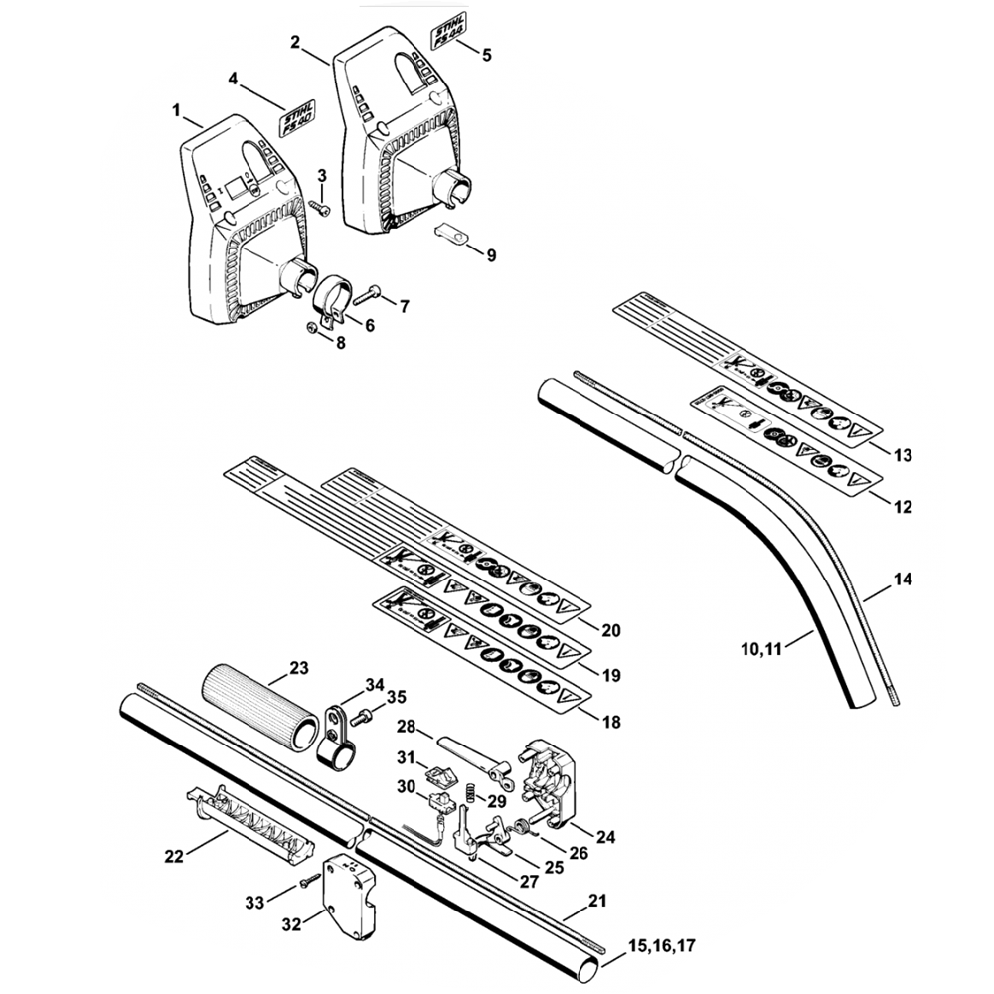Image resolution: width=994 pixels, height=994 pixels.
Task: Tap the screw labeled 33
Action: pos(310,881)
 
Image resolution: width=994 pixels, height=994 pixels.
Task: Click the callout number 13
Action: pos(902,456)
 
